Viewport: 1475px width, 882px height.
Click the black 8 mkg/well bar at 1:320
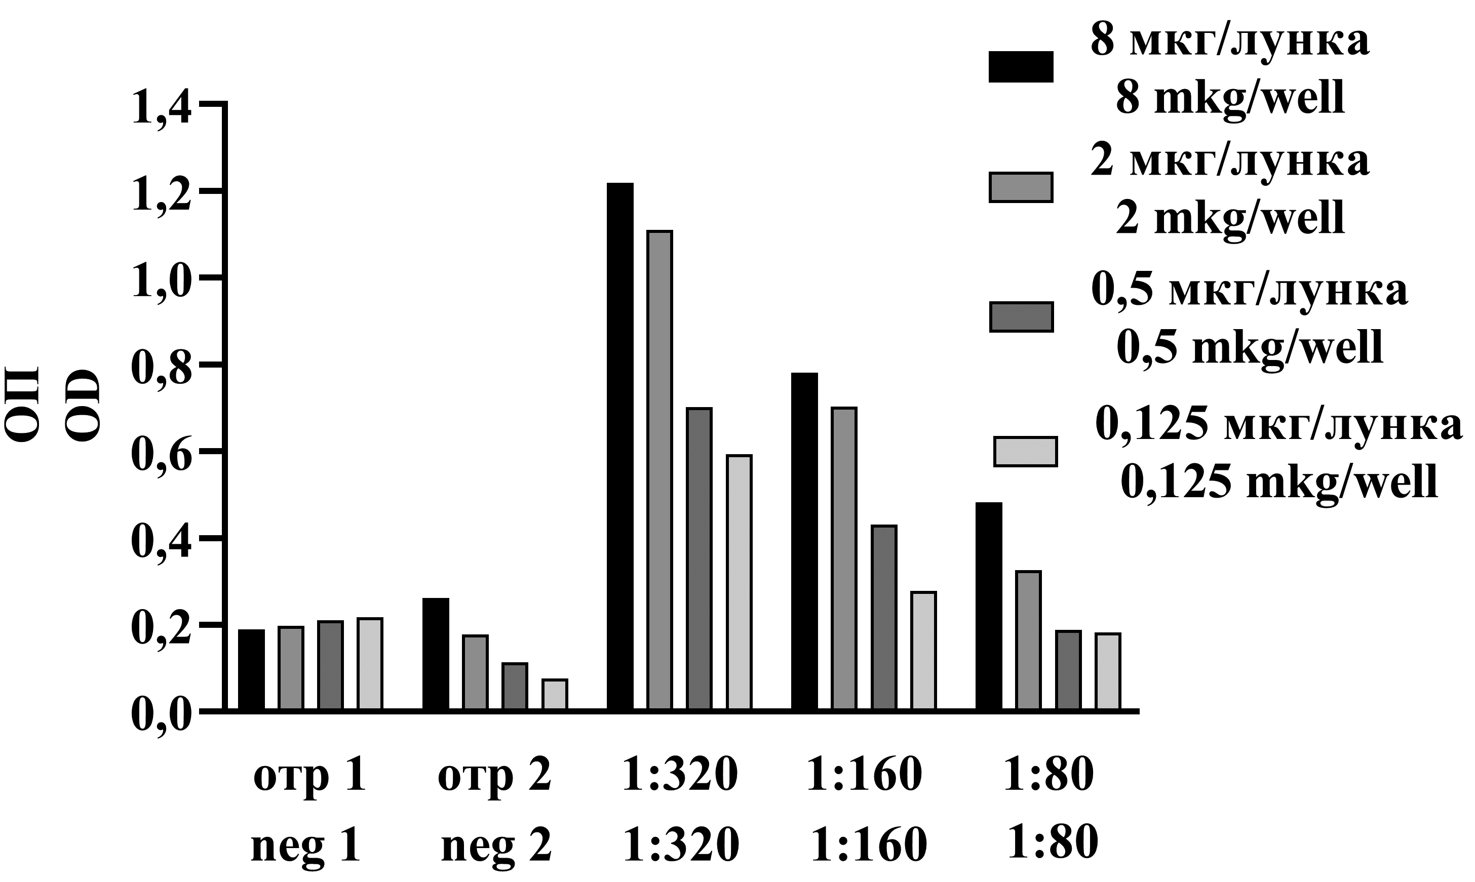click(620, 446)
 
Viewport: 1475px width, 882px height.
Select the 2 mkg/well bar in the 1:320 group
click(660, 469)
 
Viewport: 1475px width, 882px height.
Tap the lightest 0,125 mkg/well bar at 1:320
click(740, 582)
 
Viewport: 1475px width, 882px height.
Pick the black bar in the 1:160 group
click(804, 541)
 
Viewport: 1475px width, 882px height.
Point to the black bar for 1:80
click(989, 606)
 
